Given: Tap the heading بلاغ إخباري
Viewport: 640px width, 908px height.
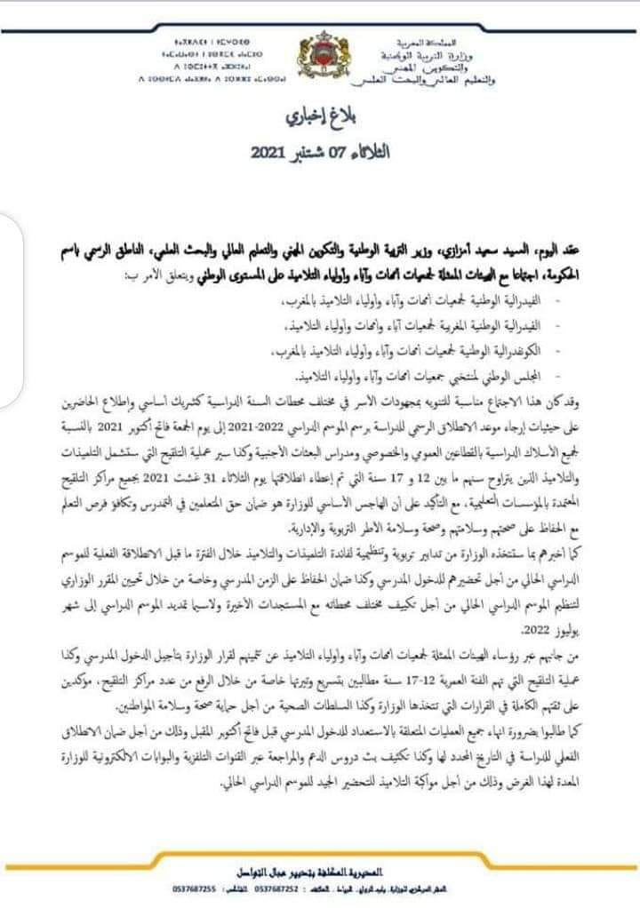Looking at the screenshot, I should [316, 116].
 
